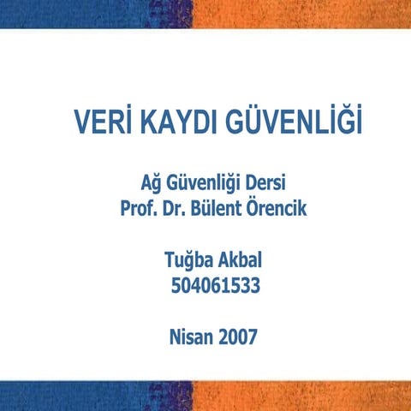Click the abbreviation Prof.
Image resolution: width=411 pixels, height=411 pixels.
[x=139, y=207]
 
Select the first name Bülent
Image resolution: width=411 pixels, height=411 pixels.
[x=227, y=207]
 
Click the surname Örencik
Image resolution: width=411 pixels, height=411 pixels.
[x=289, y=207]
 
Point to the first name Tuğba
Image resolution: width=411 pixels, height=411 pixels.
[x=186, y=258]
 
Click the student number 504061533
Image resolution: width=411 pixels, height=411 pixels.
[x=215, y=283]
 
